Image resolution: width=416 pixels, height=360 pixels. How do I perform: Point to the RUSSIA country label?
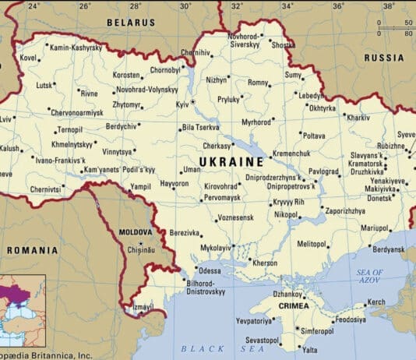point(384,58)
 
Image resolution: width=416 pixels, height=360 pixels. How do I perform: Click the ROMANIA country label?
point(32,250)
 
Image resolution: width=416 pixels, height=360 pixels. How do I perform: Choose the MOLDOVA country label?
point(136,232)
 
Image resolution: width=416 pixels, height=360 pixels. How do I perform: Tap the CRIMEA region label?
point(289,306)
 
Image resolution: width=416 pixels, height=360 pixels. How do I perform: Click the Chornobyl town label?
point(165,69)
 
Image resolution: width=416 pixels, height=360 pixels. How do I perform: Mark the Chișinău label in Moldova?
point(143,250)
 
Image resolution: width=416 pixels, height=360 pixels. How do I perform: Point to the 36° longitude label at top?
point(337,5)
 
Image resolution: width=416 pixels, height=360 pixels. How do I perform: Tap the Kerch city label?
point(375,302)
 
